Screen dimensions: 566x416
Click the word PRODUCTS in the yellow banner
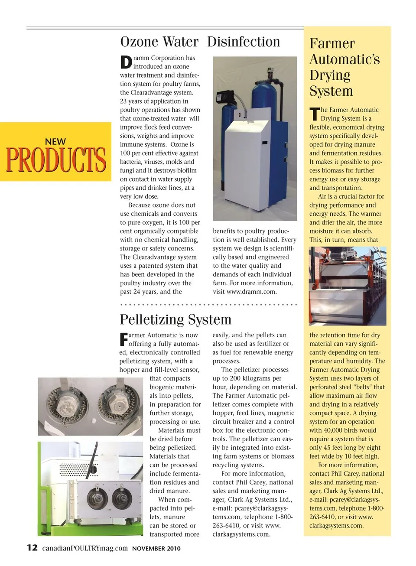click(56, 160)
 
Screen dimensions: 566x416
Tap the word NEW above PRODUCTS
click(55, 142)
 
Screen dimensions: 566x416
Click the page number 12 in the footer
click(32, 547)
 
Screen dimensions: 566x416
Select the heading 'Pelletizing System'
click(175, 320)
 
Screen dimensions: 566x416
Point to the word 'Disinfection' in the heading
click(244, 42)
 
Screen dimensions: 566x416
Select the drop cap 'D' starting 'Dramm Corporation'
click(126, 62)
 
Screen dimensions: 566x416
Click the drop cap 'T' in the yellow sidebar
click(314, 114)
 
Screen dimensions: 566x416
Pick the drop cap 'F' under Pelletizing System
click(123, 339)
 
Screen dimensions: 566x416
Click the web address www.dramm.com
click(251, 292)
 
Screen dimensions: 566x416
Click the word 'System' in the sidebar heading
click(331, 91)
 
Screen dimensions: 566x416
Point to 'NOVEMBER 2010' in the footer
click(156, 548)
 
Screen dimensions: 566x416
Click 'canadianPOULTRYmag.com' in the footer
click(85, 548)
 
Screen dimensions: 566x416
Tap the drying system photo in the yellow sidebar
click(347, 286)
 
